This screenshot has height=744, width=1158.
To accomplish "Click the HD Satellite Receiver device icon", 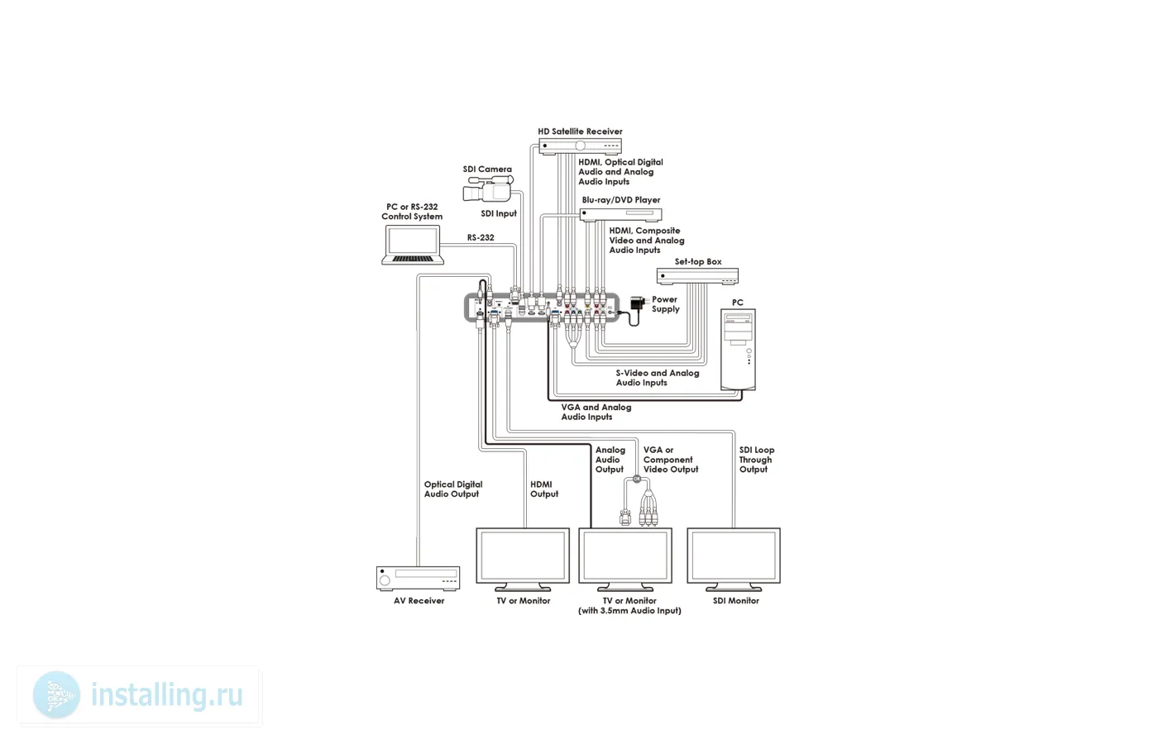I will (x=580, y=146).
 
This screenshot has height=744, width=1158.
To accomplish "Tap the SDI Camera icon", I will (x=488, y=189).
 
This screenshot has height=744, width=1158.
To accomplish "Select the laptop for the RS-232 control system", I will (x=412, y=246).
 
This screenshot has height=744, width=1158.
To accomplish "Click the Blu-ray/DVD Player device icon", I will (x=620, y=214).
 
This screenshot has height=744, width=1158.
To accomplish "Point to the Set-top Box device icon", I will (x=697, y=276).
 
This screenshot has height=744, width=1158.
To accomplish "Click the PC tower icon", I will (x=738, y=349).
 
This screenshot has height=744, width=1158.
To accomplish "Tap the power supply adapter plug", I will (x=637, y=303).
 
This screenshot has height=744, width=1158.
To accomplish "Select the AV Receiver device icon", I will (x=418, y=578).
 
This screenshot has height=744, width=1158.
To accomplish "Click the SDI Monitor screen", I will (x=734, y=556).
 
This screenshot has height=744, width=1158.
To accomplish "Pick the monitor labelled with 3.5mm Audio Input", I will (x=625, y=556).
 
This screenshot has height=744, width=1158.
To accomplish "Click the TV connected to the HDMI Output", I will (x=523, y=556).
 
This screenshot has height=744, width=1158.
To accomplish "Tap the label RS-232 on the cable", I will (x=481, y=238).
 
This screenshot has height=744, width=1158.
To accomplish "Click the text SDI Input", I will (x=499, y=213).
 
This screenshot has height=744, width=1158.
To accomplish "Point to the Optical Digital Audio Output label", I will (x=452, y=489).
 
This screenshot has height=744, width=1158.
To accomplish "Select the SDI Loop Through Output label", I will (x=756, y=460).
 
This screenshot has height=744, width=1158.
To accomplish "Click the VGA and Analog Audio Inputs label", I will (x=596, y=412).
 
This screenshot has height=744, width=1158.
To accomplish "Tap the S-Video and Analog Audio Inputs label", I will (x=657, y=378).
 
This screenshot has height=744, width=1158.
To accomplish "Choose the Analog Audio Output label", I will (x=610, y=460).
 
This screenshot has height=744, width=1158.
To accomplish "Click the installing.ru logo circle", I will (x=57, y=695).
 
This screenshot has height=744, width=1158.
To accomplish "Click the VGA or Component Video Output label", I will (x=670, y=460).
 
